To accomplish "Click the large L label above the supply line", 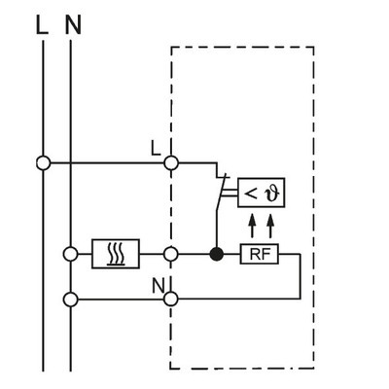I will click(41, 24).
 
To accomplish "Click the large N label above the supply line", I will click(72, 24).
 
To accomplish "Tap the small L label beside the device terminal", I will click(157, 148).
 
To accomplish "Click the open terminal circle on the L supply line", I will click(43, 162).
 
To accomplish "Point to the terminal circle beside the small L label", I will click(171, 162).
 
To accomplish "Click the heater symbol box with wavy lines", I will click(116, 255).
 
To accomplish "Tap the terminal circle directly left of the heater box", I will click(72, 255).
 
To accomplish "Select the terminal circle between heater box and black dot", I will click(171, 255).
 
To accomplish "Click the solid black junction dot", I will click(216, 255).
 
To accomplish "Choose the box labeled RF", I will click(258, 255).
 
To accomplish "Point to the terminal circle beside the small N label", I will click(171, 299).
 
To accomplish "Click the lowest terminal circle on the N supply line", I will click(72, 299).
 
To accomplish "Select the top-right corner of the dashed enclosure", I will click(314, 48).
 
